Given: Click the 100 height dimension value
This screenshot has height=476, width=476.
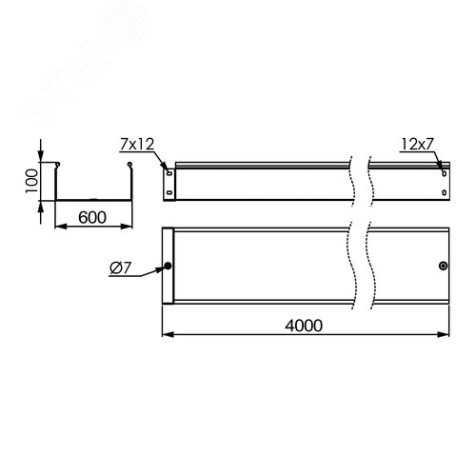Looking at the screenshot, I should tap(31, 179).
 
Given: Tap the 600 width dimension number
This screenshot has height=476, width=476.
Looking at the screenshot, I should tap(91, 217).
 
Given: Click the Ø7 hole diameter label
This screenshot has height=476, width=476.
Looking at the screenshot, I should tap(121, 269).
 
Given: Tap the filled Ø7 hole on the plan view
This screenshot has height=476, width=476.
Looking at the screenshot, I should tap(169, 267).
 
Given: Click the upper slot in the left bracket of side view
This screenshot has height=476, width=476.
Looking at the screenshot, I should tap(169, 172).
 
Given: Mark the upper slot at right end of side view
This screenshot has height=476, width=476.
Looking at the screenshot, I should tap(441, 172).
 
